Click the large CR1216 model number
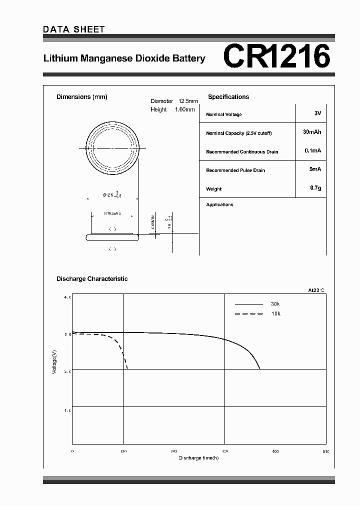(x=276, y=56)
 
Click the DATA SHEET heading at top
(x=74, y=29)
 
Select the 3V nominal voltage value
(x=317, y=113)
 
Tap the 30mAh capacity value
(x=312, y=132)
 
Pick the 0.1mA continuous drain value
(x=312, y=150)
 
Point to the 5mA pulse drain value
(x=315, y=169)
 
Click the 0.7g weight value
(x=315, y=188)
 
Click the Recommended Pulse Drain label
(x=235, y=170)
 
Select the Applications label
(x=219, y=204)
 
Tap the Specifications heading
(x=228, y=97)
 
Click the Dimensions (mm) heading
(x=82, y=97)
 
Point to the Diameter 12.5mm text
(x=174, y=101)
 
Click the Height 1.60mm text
(x=172, y=109)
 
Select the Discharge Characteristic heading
(x=92, y=279)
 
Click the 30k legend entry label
(x=275, y=304)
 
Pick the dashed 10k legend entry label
(x=275, y=313)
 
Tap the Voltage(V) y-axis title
(x=54, y=362)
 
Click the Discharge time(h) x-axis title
(x=198, y=457)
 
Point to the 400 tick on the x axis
(x=275, y=451)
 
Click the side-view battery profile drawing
(x=112, y=236)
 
